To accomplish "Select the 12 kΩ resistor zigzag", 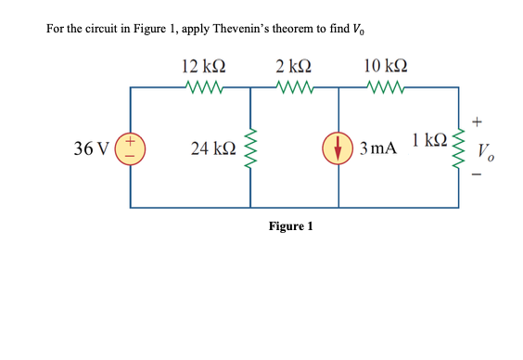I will click(204, 89).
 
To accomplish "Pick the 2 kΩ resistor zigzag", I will click(295, 89).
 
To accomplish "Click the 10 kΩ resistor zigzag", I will click(385, 89).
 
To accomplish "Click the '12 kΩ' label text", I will click(204, 66).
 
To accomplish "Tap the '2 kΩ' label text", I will click(294, 66).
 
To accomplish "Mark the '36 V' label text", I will click(92, 148).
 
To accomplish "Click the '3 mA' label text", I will click(379, 148).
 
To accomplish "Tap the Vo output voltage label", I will click(486, 151).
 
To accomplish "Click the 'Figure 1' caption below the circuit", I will click(290, 226).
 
